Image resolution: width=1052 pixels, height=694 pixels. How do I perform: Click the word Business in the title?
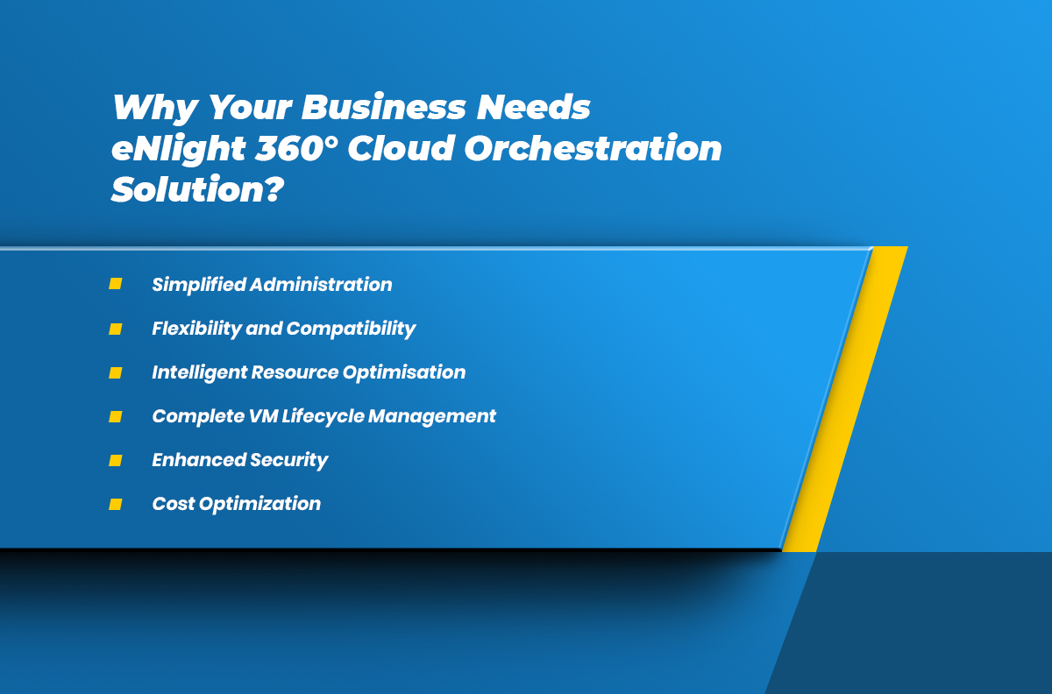(383, 107)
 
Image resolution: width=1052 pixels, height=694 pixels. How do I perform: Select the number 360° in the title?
(297, 148)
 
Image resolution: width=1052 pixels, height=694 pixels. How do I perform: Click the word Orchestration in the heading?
(593, 148)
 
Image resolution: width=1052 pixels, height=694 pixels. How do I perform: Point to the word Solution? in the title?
(198, 188)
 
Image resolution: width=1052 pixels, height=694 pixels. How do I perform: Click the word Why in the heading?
(155, 108)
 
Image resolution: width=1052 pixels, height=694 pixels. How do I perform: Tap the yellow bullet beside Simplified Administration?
(116, 284)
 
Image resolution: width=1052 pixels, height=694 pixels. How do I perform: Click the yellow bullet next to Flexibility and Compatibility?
(116, 329)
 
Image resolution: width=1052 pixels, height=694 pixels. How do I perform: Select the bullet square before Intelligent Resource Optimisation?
(116, 372)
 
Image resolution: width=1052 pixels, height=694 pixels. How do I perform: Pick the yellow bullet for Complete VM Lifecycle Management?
(116, 416)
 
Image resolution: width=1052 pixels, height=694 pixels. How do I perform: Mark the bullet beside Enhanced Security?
(116, 461)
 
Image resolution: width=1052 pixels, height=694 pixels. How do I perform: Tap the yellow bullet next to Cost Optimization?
(116, 505)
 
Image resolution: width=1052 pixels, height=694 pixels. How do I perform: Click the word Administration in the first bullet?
(321, 285)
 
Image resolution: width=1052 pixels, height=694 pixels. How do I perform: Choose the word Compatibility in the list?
(351, 329)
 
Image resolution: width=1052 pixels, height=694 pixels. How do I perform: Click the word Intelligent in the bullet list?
(199, 372)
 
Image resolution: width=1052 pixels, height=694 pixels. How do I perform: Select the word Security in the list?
(288, 461)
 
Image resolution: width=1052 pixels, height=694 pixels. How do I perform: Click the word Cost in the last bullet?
(174, 504)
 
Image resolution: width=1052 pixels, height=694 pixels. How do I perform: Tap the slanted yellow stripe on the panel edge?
(845, 399)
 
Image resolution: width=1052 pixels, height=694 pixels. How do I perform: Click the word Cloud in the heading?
(402, 148)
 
